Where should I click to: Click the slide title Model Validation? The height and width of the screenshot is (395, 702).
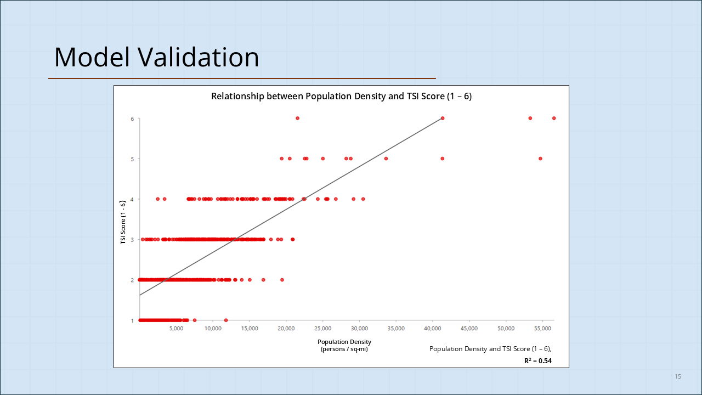pos(156,57)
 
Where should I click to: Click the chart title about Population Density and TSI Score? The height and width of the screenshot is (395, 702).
pos(341,97)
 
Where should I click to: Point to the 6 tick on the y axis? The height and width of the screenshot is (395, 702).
pos(132,119)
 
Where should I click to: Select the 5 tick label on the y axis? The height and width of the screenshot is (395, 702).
pos(132,159)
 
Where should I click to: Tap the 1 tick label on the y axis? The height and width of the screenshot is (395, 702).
pos(132,320)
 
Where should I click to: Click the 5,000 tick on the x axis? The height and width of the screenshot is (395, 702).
pos(176,329)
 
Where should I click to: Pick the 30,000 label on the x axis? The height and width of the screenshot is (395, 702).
pos(359,329)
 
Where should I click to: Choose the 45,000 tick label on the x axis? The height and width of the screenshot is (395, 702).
pos(469,329)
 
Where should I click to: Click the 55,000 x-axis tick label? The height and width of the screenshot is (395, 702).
pos(542,329)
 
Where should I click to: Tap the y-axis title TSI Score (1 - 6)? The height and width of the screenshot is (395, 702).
pos(124,222)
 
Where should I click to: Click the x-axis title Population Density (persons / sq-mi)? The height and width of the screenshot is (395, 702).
pos(344,345)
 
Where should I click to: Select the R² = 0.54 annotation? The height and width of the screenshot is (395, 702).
pos(537,360)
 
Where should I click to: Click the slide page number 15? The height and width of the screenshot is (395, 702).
pos(678,376)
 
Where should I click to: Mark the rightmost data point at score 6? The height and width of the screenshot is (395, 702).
pos(554,118)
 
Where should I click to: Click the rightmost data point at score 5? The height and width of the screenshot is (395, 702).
pos(540,159)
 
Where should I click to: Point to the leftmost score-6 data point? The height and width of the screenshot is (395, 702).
pos(297,118)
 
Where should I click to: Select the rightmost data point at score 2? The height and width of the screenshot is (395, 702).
pos(282,280)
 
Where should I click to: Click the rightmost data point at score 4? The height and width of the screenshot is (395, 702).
pos(363,199)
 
